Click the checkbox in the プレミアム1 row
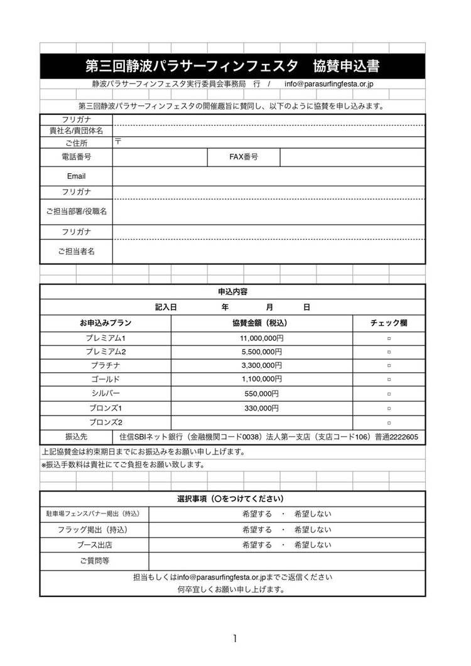tap(389, 338)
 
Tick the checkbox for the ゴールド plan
tap(389, 380)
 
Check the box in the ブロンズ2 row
tap(389, 422)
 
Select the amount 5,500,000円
tap(261, 352)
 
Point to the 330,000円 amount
tap(261, 408)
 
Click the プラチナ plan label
tap(106, 365)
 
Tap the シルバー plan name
tap(106, 394)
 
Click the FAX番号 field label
tap(244, 157)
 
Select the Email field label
tap(76, 176)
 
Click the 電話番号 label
tap(76, 157)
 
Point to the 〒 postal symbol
tap(117, 141)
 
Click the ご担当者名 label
tap(76, 252)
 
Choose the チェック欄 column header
tap(389, 323)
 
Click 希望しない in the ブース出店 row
tap(313, 545)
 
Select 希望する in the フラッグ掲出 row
tap(257, 529)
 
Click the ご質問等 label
tap(94, 561)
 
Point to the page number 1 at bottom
tap(234, 638)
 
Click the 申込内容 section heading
tap(232, 292)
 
